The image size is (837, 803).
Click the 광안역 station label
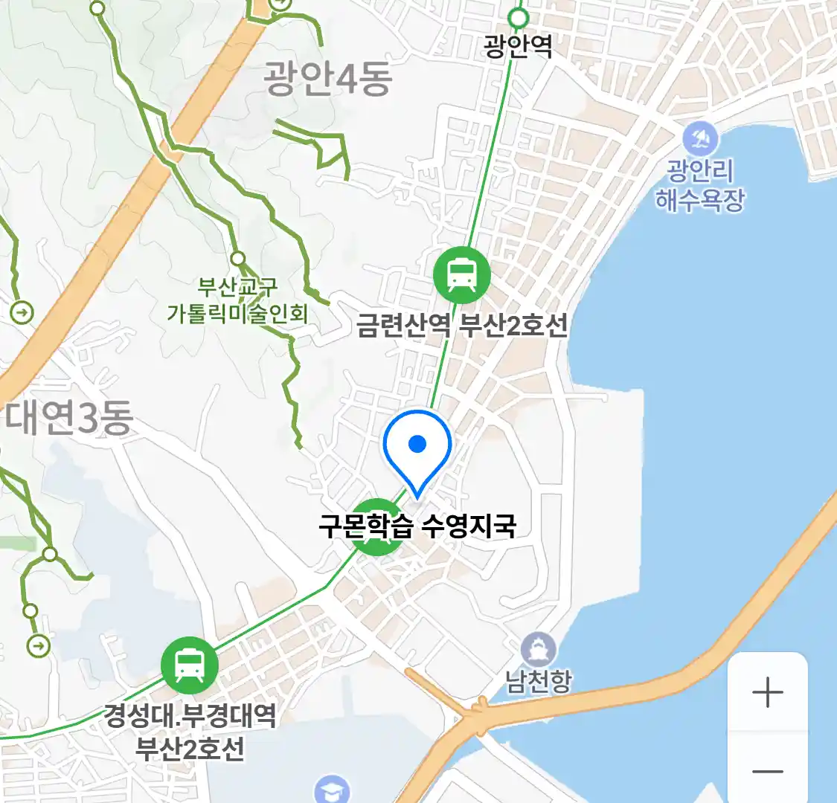518,46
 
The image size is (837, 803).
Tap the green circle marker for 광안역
518,18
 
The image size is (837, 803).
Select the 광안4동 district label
327,80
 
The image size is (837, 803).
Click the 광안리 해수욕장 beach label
699,185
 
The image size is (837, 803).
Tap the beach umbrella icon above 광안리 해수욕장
700,139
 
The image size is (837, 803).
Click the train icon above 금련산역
462,275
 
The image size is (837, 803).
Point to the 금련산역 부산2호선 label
461,325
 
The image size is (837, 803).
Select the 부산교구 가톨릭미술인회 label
237,300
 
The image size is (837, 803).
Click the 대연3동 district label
69,418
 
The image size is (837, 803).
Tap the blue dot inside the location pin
417,444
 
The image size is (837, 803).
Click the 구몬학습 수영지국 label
417,526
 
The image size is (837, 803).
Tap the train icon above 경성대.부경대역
190,665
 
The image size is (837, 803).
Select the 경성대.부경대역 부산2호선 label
190,732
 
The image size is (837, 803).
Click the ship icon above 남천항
538,650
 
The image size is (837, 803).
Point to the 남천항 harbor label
539,681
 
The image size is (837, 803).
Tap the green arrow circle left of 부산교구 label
22,312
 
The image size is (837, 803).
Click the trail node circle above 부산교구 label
237,259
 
